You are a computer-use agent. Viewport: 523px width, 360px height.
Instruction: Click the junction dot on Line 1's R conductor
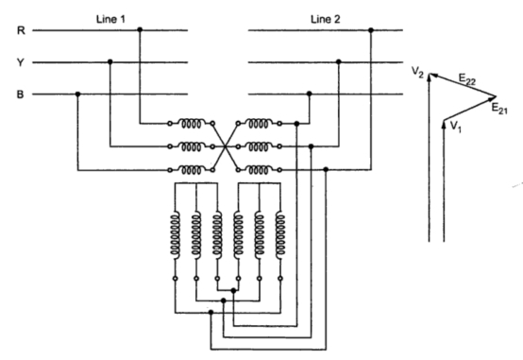coord(141,30)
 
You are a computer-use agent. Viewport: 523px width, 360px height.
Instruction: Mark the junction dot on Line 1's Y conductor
coord(110,62)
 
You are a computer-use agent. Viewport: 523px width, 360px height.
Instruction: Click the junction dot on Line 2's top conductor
coord(371,30)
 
